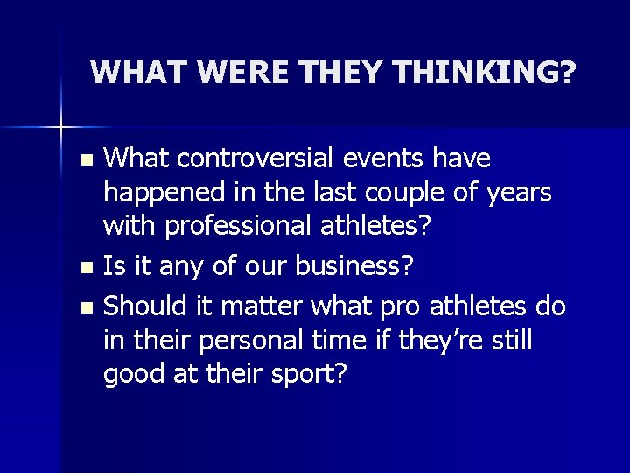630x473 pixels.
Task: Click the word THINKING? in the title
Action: pos(495,73)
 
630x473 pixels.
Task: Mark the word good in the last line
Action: pos(131,374)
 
